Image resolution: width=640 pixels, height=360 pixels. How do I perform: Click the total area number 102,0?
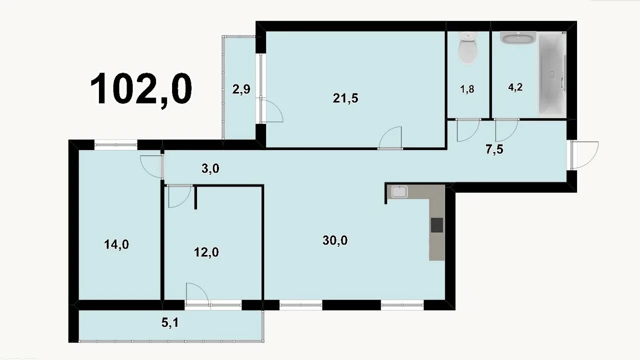click(x=141, y=89)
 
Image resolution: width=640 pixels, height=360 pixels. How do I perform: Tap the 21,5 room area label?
click(x=345, y=98)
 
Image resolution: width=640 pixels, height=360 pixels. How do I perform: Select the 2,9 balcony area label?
click(x=241, y=89)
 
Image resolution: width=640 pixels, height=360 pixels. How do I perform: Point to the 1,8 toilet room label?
click(x=467, y=89)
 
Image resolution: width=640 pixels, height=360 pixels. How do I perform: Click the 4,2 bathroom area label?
click(x=515, y=87)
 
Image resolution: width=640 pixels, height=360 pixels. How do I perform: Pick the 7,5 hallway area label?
click(x=494, y=149)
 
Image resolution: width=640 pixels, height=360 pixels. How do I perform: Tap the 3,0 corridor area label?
click(x=210, y=169)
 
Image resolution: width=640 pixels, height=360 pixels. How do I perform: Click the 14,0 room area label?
click(x=116, y=244)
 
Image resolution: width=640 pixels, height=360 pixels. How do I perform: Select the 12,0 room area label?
click(x=206, y=252)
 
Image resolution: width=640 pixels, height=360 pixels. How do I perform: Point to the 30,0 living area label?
click(x=335, y=240)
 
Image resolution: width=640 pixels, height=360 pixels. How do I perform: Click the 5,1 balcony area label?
click(x=170, y=323)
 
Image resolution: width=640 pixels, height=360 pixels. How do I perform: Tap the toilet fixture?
click(x=467, y=47)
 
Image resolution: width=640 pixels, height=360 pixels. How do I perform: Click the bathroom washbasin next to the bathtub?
click(x=517, y=38)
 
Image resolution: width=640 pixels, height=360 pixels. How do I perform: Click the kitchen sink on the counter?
click(x=399, y=191)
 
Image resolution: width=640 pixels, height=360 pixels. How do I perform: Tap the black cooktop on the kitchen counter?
click(x=437, y=225)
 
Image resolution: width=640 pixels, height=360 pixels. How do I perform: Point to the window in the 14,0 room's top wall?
click(x=115, y=144)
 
